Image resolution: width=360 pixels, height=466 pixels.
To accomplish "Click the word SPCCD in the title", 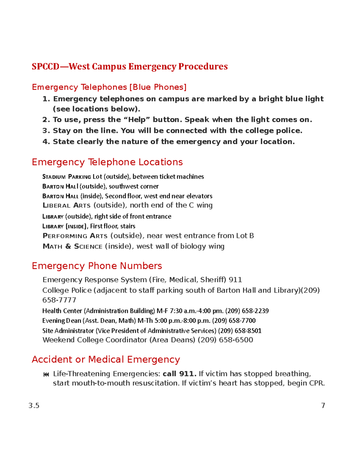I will point(46,66).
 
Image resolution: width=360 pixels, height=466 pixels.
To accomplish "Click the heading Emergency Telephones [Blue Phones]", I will point(109,87).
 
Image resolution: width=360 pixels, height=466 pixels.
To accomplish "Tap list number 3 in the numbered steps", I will point(46,131).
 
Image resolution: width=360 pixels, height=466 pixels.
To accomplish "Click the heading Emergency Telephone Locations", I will point(107,162).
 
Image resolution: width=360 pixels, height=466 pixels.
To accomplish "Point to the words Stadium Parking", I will point(67,177).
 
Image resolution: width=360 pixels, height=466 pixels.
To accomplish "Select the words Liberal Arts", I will point(66,205).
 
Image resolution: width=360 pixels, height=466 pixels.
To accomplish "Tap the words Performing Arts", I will point(75,236).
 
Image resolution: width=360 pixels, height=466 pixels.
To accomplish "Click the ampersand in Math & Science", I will point(68,246).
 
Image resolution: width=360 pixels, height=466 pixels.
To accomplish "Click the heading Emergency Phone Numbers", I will point(97,266).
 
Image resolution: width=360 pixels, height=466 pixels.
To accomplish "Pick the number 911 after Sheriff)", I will point(235,280).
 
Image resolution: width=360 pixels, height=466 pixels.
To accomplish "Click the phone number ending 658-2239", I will point(247,311).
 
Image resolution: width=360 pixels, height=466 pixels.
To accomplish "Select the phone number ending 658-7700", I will point(234,321).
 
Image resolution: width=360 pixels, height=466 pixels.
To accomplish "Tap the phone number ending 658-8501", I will point(240,331).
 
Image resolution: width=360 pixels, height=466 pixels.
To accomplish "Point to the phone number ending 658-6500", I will point(225,340).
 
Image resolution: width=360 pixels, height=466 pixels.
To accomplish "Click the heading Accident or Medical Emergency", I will point(106,359).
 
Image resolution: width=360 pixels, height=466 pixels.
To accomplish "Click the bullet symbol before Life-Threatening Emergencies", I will point(46,374).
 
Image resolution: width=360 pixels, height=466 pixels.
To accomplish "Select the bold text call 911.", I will point(179,374).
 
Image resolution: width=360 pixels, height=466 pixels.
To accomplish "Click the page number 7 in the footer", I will point(323,405).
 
